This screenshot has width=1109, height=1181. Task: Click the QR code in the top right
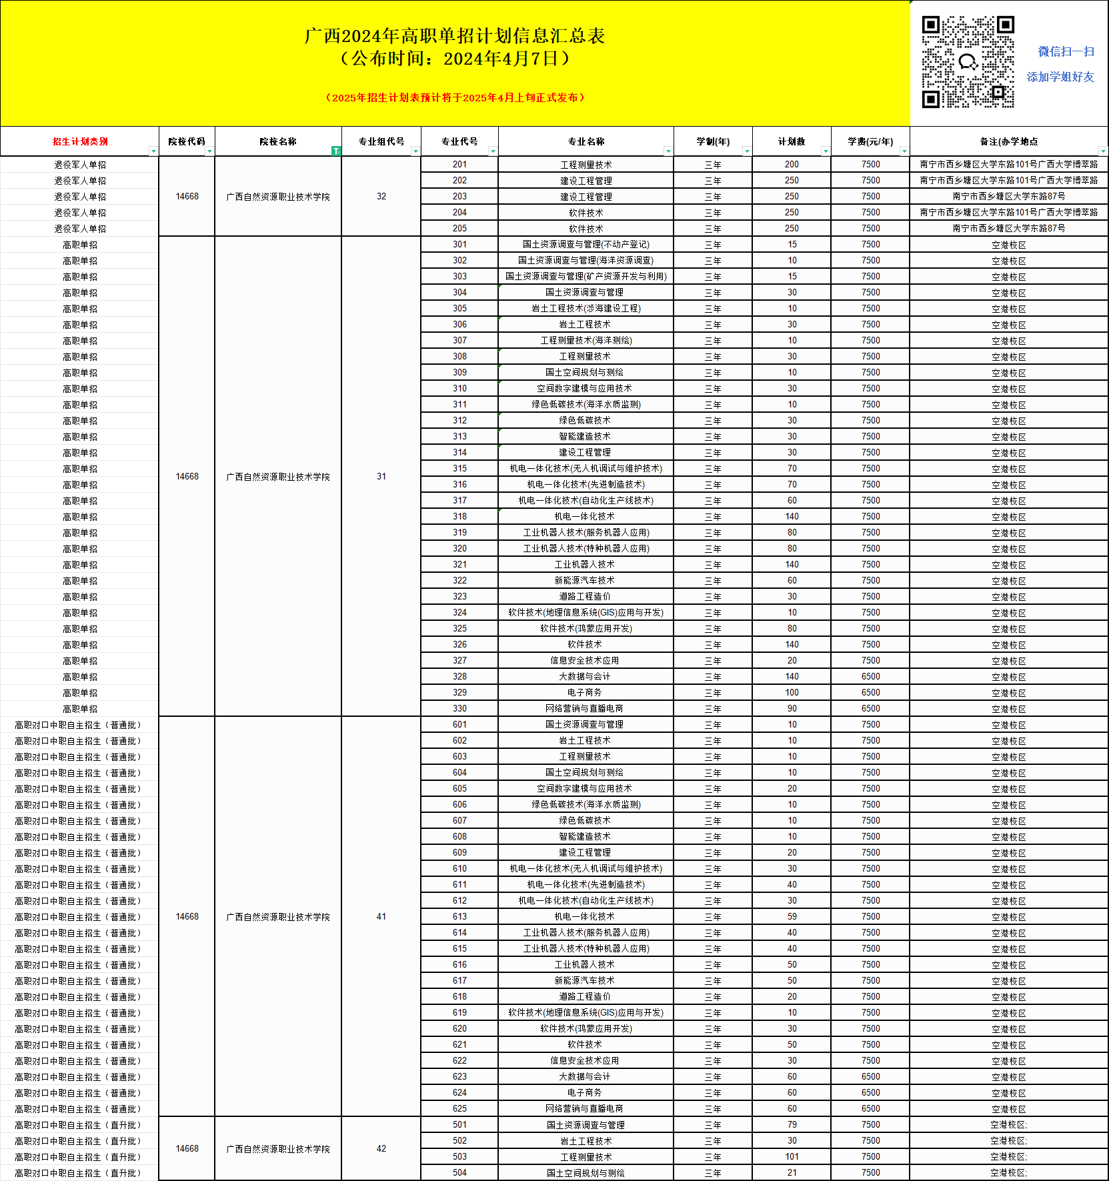968,62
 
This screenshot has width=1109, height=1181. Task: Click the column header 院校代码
187,141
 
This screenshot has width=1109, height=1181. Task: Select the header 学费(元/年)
870,141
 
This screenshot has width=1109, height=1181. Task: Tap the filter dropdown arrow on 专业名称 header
668,151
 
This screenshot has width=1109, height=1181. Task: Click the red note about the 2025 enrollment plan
455,97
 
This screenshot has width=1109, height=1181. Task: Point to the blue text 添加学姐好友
1060,77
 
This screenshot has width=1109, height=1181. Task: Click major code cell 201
459,165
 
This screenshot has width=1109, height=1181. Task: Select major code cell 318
459,517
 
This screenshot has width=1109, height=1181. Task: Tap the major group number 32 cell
381,197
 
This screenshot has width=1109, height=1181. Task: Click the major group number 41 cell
381,917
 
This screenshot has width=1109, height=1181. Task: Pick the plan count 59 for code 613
792,917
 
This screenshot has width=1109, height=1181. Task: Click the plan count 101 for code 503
792,1157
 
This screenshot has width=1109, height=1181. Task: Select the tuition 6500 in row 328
870,677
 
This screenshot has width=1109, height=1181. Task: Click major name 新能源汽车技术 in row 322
585,581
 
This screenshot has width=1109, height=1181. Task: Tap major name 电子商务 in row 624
585,1093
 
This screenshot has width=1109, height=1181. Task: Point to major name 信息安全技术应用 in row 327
585,661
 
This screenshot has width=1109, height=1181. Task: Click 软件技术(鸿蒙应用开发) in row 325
586,629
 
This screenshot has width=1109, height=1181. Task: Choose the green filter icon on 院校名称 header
336,151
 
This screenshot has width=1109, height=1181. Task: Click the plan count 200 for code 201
792,165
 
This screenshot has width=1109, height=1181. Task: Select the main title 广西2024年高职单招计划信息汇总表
455,36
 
